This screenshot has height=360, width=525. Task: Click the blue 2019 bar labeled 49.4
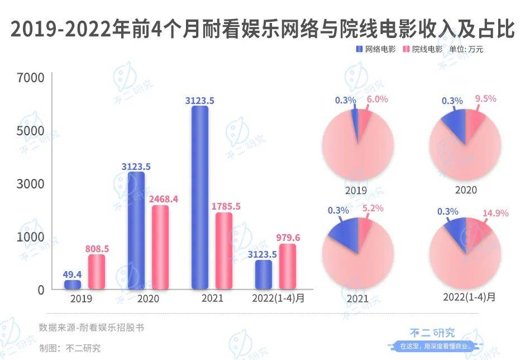[x=73, y=285]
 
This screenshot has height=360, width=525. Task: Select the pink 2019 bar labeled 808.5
[x=97, y=272]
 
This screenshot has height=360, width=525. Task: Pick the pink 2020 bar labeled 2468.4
[x=160, y=247]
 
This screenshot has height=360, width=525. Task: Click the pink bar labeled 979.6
[x=288, y=267]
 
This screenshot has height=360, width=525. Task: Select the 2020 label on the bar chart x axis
[x=147, y=299]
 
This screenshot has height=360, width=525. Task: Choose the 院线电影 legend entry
[x=423, y=49]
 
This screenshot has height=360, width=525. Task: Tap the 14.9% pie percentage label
[x=484, y=212]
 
